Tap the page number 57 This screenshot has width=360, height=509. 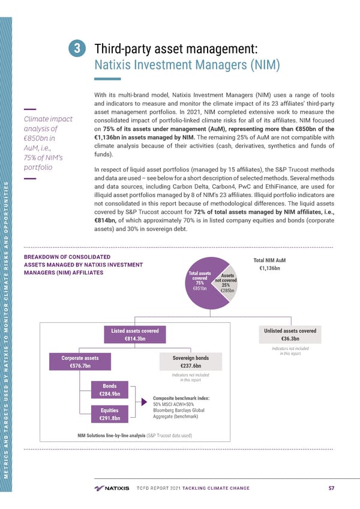tap(332, 488)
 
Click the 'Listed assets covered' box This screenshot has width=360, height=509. tap(134, 335)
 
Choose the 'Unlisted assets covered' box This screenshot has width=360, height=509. tap(290, 335)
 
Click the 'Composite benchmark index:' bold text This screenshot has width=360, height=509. tap(181, 397)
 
